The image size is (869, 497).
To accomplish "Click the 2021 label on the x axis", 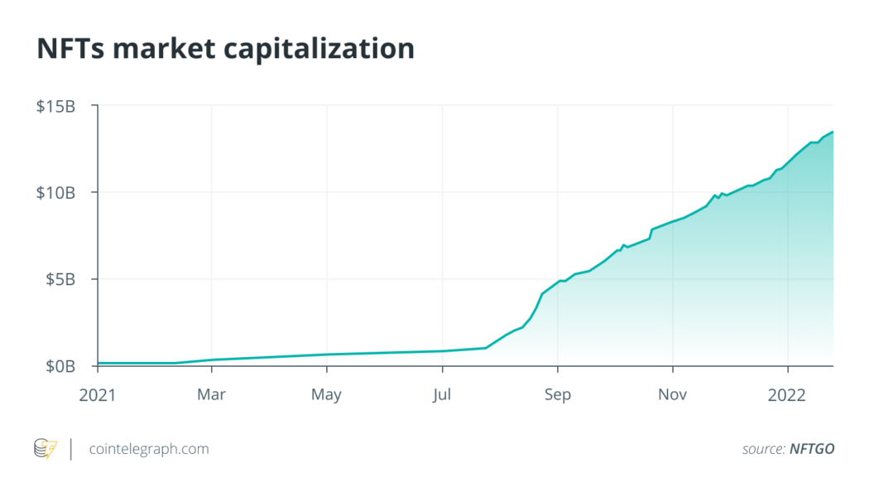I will [97, 394].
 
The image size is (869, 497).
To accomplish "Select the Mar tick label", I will [212, 394].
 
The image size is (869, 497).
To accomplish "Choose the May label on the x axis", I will [327, 394].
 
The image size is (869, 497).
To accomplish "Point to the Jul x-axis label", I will [443, 394].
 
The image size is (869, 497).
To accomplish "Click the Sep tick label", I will [558, 394].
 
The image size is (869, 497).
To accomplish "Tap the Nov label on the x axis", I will [673, 394].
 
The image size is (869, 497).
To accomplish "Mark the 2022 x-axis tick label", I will [788, 394].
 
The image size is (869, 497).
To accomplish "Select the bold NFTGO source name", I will [812, 449].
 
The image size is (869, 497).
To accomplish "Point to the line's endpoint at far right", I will [833, 132].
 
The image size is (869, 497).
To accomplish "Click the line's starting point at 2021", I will [98, 363].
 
